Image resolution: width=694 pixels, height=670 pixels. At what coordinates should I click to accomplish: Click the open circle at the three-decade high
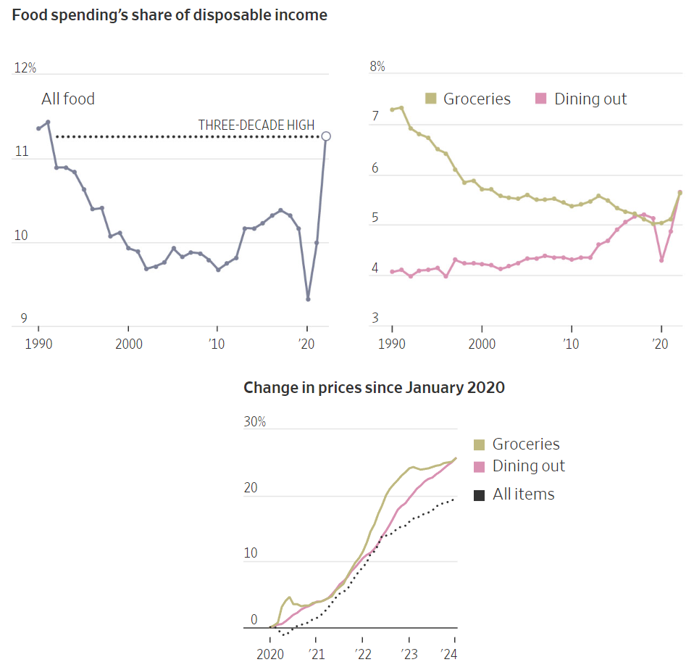(x=326, y=136)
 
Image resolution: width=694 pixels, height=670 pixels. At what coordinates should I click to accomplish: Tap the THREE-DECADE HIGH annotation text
(x=256, y=125)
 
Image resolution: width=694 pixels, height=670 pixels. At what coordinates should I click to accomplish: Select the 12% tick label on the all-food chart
(x=25, y=68)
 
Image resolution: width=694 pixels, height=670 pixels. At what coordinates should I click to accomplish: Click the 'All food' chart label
(x=68, y=99)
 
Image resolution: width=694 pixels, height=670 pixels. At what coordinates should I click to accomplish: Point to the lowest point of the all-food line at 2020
(x=308, y=299)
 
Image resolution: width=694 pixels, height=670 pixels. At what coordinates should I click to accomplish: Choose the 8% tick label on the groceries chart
(x=377, y=67)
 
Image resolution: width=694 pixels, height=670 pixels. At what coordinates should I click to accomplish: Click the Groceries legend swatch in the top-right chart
(x=430, y=99)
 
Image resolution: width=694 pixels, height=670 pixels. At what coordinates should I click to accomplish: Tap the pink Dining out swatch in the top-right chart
(x=540, y=99)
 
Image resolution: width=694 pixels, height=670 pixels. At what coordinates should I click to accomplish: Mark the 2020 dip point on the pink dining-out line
(x=661, y=260)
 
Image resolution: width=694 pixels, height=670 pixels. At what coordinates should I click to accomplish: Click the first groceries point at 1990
(x=392, y=109)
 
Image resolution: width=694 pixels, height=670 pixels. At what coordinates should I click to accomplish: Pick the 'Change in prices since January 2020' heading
(x=374, y=387)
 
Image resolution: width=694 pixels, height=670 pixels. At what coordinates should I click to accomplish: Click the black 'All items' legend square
(x=479, y=495)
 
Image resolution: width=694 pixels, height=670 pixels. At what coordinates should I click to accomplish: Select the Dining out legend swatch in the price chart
(x=479, y=466)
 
